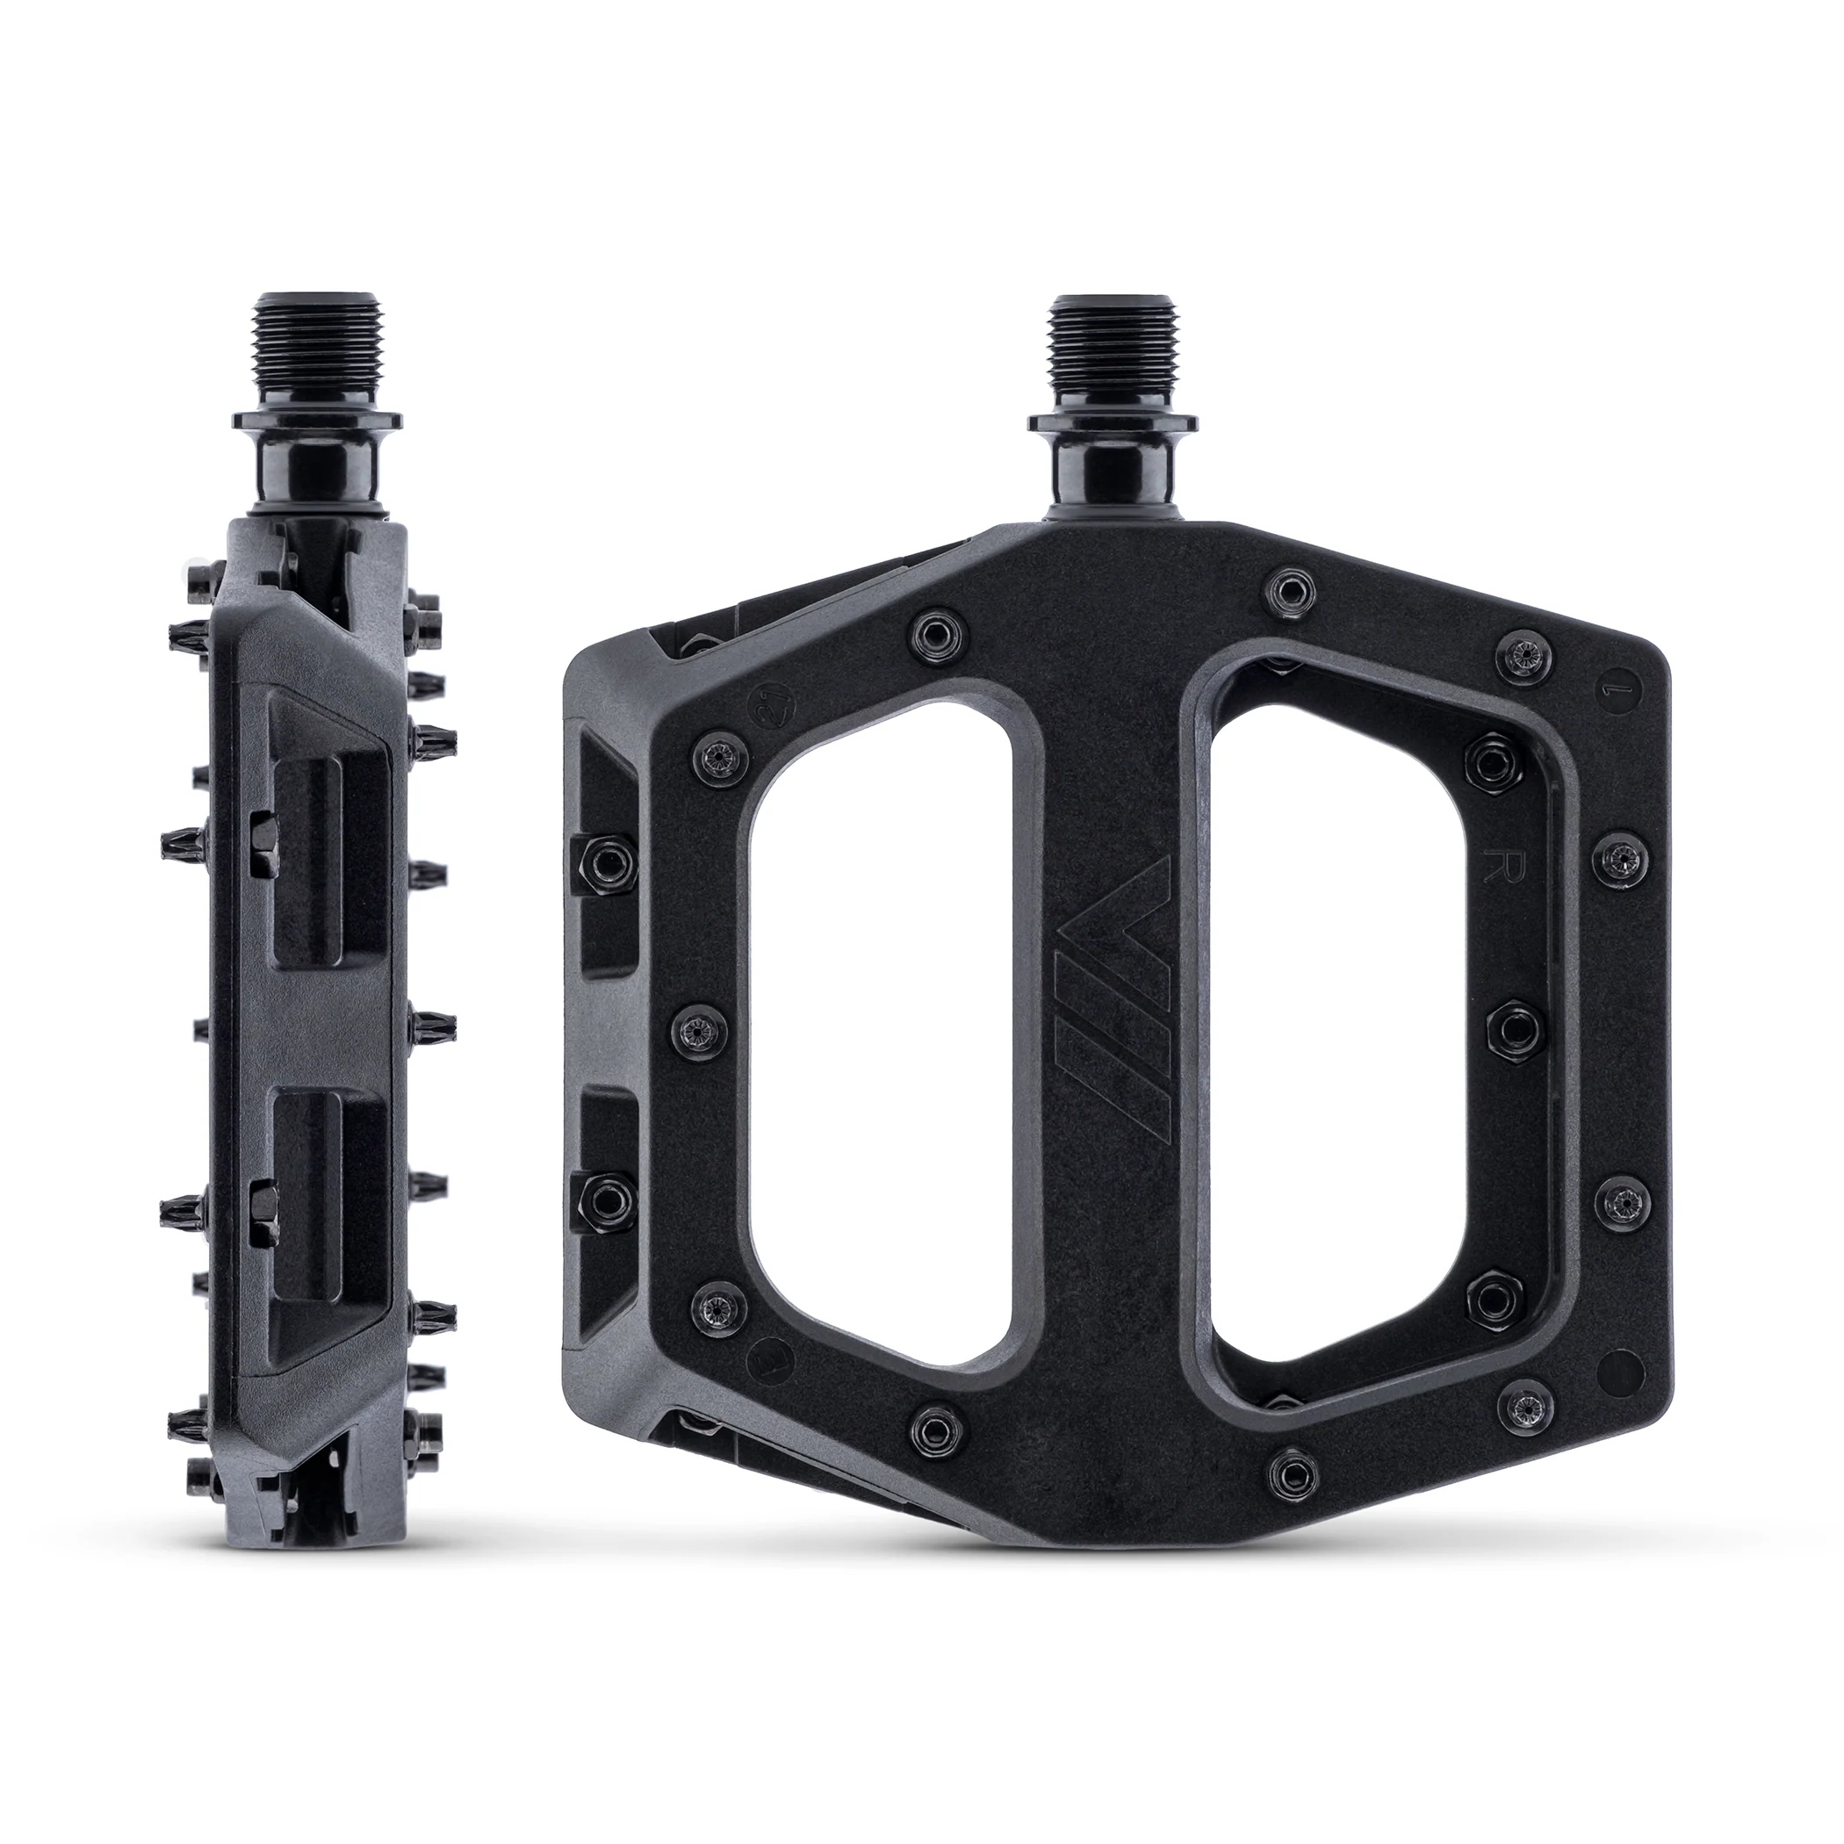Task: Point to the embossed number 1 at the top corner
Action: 1612,687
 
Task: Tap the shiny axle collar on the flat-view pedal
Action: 1112,472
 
